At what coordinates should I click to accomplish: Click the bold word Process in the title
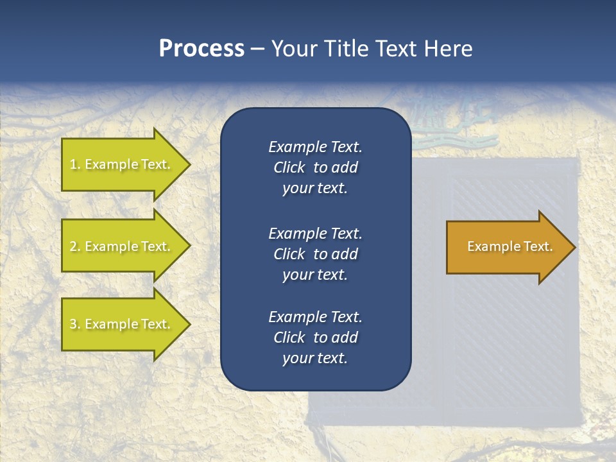[x=201, y=49]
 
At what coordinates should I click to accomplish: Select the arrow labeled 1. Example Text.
[x=122, y=164]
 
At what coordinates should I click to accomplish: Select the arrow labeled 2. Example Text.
[x=122, y=246]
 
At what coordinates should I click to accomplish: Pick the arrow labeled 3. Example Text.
[x=122, y=324]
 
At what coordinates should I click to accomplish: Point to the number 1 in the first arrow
[x=73, y=164]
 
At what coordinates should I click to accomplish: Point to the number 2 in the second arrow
[x=73, y=246]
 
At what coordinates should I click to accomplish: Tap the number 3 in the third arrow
[x=73, y=324]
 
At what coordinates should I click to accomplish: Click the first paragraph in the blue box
[x=315, y=167]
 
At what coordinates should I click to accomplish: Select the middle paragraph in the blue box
[x=315, y=254]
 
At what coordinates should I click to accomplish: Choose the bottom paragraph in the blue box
[x=315, y=338]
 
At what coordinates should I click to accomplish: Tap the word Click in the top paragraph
[x=289, y=167]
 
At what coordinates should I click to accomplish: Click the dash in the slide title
[x=257, y=49]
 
